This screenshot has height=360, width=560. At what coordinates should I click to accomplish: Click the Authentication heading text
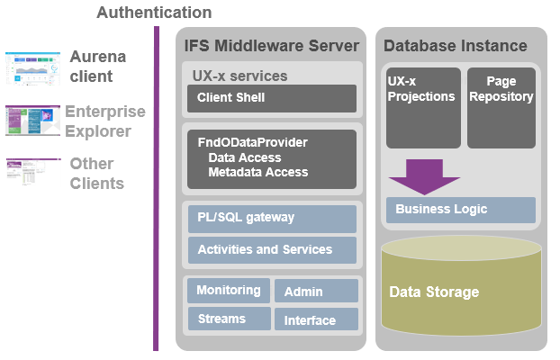coord(154,13)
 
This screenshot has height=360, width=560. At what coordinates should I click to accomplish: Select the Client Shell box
coord(271,98)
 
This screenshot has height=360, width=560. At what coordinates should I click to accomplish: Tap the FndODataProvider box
coord(271,157)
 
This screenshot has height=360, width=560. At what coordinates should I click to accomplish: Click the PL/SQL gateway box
coord(271,219)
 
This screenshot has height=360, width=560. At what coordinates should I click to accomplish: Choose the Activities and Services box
coord(271,249)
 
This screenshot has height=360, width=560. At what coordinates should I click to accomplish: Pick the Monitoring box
coord(227,291)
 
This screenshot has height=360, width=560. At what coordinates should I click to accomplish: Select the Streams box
coord(227,319)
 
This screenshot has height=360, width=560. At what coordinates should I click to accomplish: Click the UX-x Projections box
coord(423,107)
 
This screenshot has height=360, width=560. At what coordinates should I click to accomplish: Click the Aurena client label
coord(98,67)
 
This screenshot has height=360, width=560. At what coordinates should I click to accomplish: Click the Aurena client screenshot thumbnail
coord(32,67)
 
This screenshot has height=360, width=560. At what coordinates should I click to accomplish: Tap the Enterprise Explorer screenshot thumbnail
coord(32,121)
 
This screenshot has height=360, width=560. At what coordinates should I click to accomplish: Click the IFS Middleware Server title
coord(271,46)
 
